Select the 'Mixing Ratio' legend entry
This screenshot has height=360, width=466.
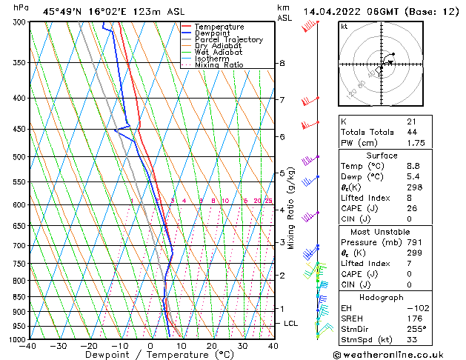point(219,65)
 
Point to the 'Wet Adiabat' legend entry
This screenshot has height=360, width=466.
point(219,52)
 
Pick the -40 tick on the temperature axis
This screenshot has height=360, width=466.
point(29,346)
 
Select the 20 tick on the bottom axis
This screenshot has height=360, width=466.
point(211,346)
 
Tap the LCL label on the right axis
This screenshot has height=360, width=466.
point(291,324)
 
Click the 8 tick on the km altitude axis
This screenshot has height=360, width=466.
point(282,64)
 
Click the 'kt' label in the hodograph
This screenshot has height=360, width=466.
point(344,26)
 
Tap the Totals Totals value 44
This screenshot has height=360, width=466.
point(411,131)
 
